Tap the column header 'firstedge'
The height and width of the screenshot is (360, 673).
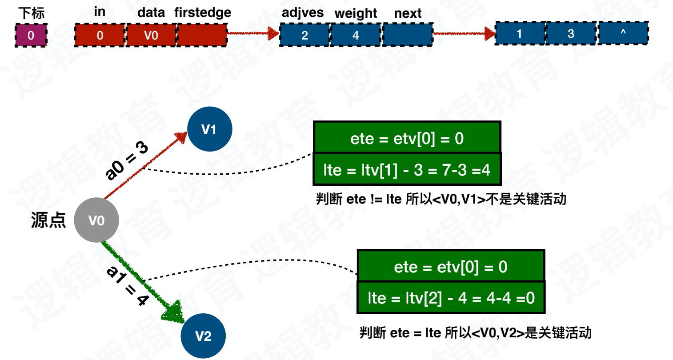coord(203,12)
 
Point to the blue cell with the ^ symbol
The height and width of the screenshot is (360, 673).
coord(623,33)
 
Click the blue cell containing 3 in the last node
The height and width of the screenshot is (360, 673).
coord(571,33)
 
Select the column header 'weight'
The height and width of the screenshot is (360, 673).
coord(356,13)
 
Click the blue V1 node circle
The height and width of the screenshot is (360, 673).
coord(209,129)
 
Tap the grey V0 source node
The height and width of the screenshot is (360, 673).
coord(96,220)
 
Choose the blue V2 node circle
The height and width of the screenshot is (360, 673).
coord(203,336)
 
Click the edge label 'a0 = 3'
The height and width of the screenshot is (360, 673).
coord(126,161)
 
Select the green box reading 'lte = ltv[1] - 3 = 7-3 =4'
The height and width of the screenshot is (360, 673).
coord(407,169)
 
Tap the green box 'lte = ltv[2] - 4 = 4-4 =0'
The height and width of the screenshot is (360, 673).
coord(451,297)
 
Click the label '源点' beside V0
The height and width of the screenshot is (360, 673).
coord(48,220)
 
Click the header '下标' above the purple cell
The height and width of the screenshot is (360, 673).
coord(31,13)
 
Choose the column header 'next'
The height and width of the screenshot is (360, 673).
coord(408,13)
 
